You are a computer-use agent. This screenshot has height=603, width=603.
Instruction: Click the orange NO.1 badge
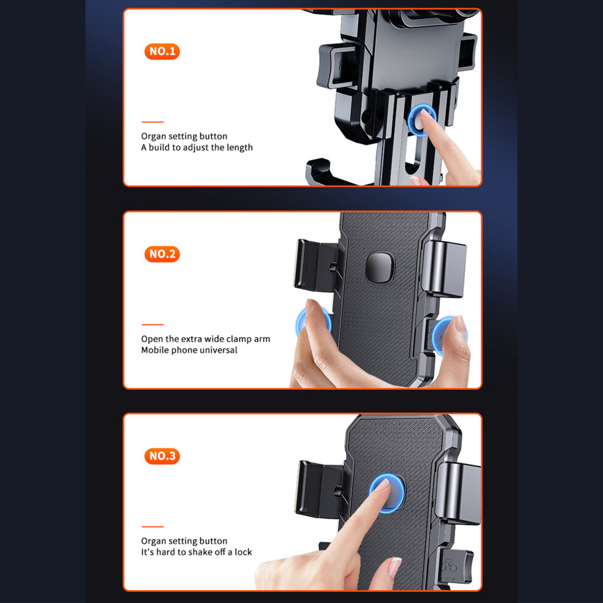coord(162,51)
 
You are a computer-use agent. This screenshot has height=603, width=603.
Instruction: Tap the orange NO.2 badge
coord(162,254)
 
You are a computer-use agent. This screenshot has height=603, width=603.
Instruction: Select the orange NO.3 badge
coord(162,456)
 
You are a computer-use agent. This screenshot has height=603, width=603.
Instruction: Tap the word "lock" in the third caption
coord(243,552)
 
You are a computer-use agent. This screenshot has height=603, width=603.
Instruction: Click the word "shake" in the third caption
coord(199,552)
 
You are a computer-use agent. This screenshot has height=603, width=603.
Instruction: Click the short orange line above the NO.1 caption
coord(152,122)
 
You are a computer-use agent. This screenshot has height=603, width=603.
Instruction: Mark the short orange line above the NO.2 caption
coord(152,325)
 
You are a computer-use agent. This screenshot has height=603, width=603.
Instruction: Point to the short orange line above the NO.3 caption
coord(152,527)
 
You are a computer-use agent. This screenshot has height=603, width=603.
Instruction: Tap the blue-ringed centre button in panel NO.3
coord(387,493)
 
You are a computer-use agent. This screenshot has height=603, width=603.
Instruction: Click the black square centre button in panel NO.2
coord(380,268)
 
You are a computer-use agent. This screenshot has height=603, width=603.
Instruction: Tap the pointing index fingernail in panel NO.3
coord(383,485)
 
